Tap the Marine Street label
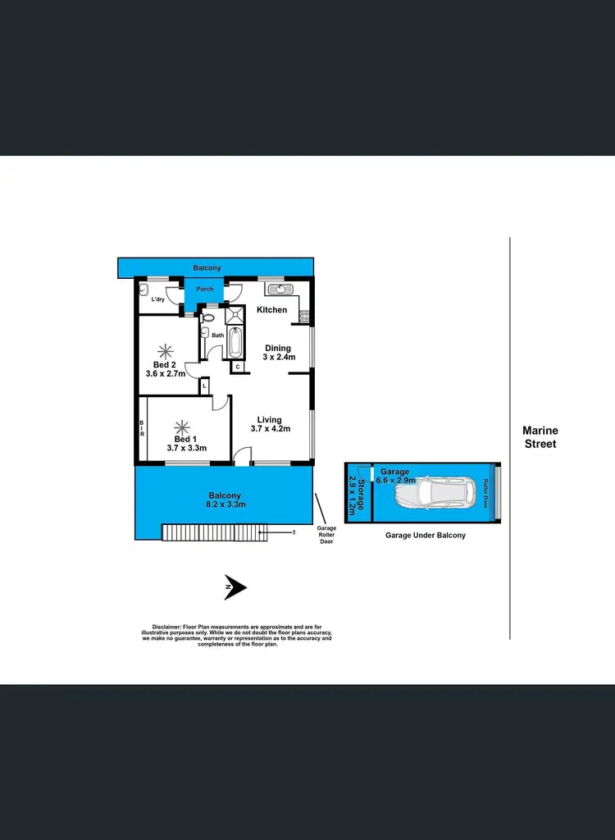coord(540,437)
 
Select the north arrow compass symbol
coord(236,587)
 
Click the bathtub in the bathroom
coord(235,342)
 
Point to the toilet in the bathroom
coord(208,317)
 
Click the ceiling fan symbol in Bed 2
coord(167,349)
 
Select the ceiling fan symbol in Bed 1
coord(183,428)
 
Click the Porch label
coord(204,290)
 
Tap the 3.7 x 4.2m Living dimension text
coord(271,428)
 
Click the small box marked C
coord(237,367)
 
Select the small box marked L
coord(204,385)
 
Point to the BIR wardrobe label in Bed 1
coord(142,428)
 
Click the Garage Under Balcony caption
coord(426,535)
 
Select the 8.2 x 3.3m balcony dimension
coord(224,505)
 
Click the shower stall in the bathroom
coord(235,315)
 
